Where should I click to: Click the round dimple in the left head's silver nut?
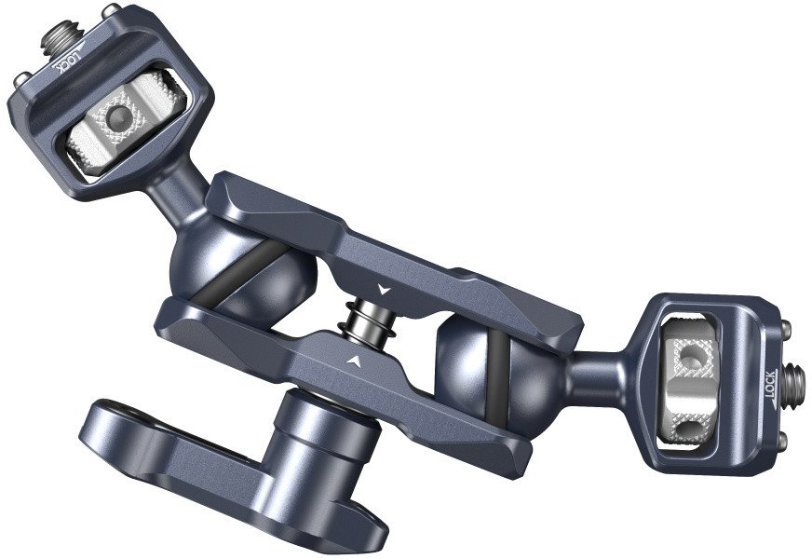(117, 116)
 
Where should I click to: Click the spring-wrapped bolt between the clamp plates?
(369, 321)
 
